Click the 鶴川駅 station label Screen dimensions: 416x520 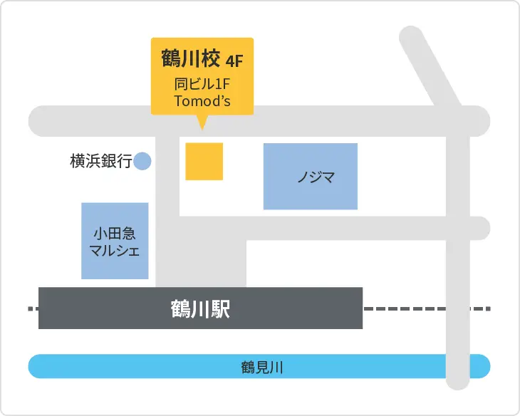click(200, 309)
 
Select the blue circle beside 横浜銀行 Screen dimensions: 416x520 click(143, 162)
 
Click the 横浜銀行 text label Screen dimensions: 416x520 click(100, 162)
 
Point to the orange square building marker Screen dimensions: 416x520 click(204, 162)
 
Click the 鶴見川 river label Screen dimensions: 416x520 click(262, 368)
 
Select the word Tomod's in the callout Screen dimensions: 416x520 click(202, 100)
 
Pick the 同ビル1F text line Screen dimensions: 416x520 click(202, 83)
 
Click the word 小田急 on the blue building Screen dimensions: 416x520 click(115, 233)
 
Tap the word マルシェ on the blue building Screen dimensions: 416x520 click(115, 250)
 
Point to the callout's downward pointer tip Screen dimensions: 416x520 click(202, 129)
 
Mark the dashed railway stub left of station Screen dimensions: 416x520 click(33, 309)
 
